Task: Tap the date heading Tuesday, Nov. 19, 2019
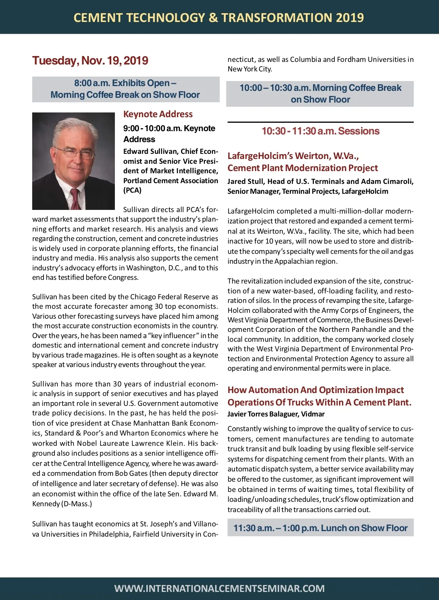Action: (90, 60)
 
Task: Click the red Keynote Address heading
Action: (158, 114)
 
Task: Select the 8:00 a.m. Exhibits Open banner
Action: (125, 89)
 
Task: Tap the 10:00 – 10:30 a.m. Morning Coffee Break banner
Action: (320, 93)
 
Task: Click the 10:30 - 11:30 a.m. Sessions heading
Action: (320, 131)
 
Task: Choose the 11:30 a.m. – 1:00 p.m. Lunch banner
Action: (320, 528)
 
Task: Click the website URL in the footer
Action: (219, 588)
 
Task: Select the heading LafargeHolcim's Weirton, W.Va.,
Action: (293, 156)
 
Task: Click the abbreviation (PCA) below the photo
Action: (132, 190)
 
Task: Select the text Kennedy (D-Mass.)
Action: (62, 504)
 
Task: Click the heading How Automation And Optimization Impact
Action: (315, 390)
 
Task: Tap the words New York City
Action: (249, 69)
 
